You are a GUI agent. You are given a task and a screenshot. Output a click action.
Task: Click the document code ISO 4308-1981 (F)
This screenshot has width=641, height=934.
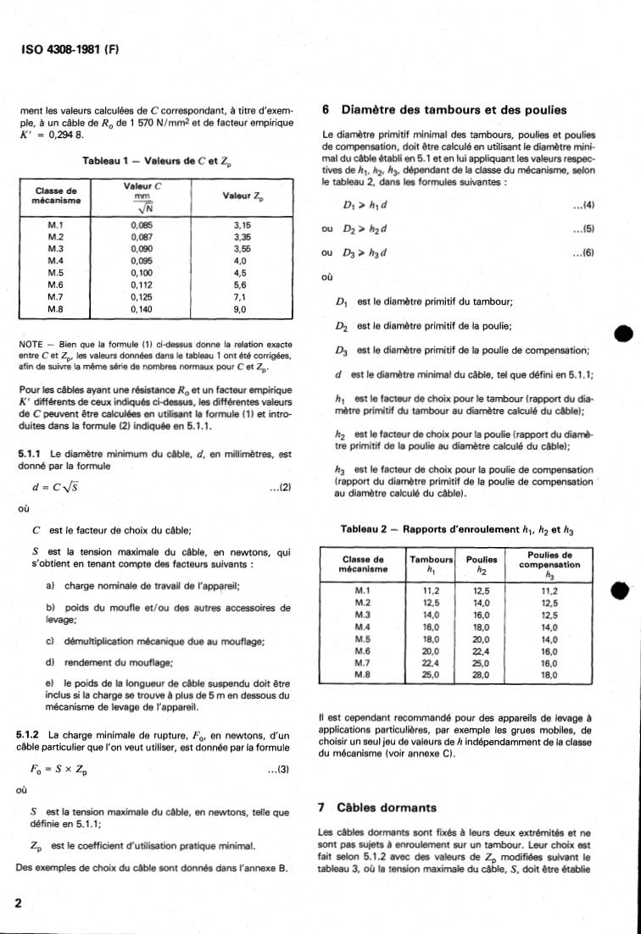70,48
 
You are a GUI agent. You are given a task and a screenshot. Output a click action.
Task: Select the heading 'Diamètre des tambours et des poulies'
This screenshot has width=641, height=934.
454,110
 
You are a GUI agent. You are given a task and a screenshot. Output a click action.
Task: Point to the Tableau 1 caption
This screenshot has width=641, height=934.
160,161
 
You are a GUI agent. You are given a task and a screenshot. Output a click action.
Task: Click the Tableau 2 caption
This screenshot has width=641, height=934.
457,529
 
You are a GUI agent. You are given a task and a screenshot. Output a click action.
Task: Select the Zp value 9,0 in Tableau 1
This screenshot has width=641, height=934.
240,311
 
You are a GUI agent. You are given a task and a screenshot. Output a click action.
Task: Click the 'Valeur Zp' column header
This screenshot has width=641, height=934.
242,196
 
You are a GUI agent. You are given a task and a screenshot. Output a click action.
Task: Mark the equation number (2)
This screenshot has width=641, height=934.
280,488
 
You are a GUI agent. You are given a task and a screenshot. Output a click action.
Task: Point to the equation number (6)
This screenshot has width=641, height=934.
582,252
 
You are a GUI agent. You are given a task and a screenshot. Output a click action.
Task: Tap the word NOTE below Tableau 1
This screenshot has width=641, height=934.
31,345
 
